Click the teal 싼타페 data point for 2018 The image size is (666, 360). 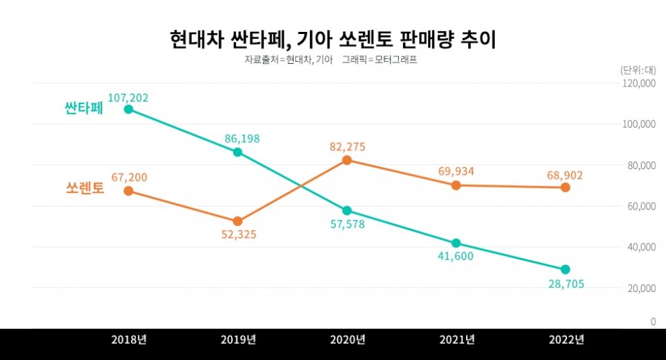tap(128, 109)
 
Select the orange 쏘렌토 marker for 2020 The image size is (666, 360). tap(347, 160)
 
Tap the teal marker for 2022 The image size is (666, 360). tap(565, 269)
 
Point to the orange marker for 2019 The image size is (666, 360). tap(237, 221)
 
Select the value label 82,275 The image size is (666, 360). tap(347, 147)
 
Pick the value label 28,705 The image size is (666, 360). tap(565, 284)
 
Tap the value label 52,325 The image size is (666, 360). tap(237, 235)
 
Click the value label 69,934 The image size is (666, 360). tap(456, 171)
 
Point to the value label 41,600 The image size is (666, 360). tap(456, 257)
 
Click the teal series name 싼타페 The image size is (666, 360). tap(83, 110)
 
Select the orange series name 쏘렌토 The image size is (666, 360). tap(85, 189)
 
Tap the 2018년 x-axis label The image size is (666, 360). tap(128, 339)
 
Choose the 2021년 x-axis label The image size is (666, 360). tap(456, 339)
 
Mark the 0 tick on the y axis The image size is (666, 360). tap(653, 322)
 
